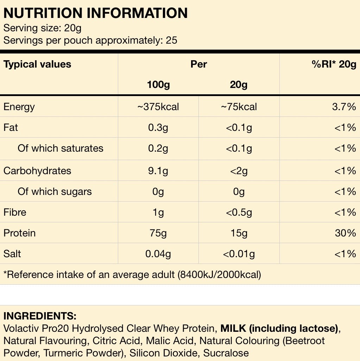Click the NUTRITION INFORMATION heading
point(95,13)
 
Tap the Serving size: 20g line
point(43,28)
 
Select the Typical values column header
point(37,64)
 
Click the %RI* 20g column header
point(334,64)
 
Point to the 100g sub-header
point(158,85)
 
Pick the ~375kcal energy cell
point(158,107)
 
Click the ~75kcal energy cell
point(239,107)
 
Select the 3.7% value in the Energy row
point(344,107)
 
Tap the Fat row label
point(11,127)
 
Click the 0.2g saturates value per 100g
point(158,148)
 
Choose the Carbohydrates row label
point(37,171)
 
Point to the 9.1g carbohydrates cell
point(158,171)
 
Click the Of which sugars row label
point(55,191)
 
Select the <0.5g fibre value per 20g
point(239,212)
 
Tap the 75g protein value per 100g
point(158,233)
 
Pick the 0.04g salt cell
point(158,254)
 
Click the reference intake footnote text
point(132,274)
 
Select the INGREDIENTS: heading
point(40,316)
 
